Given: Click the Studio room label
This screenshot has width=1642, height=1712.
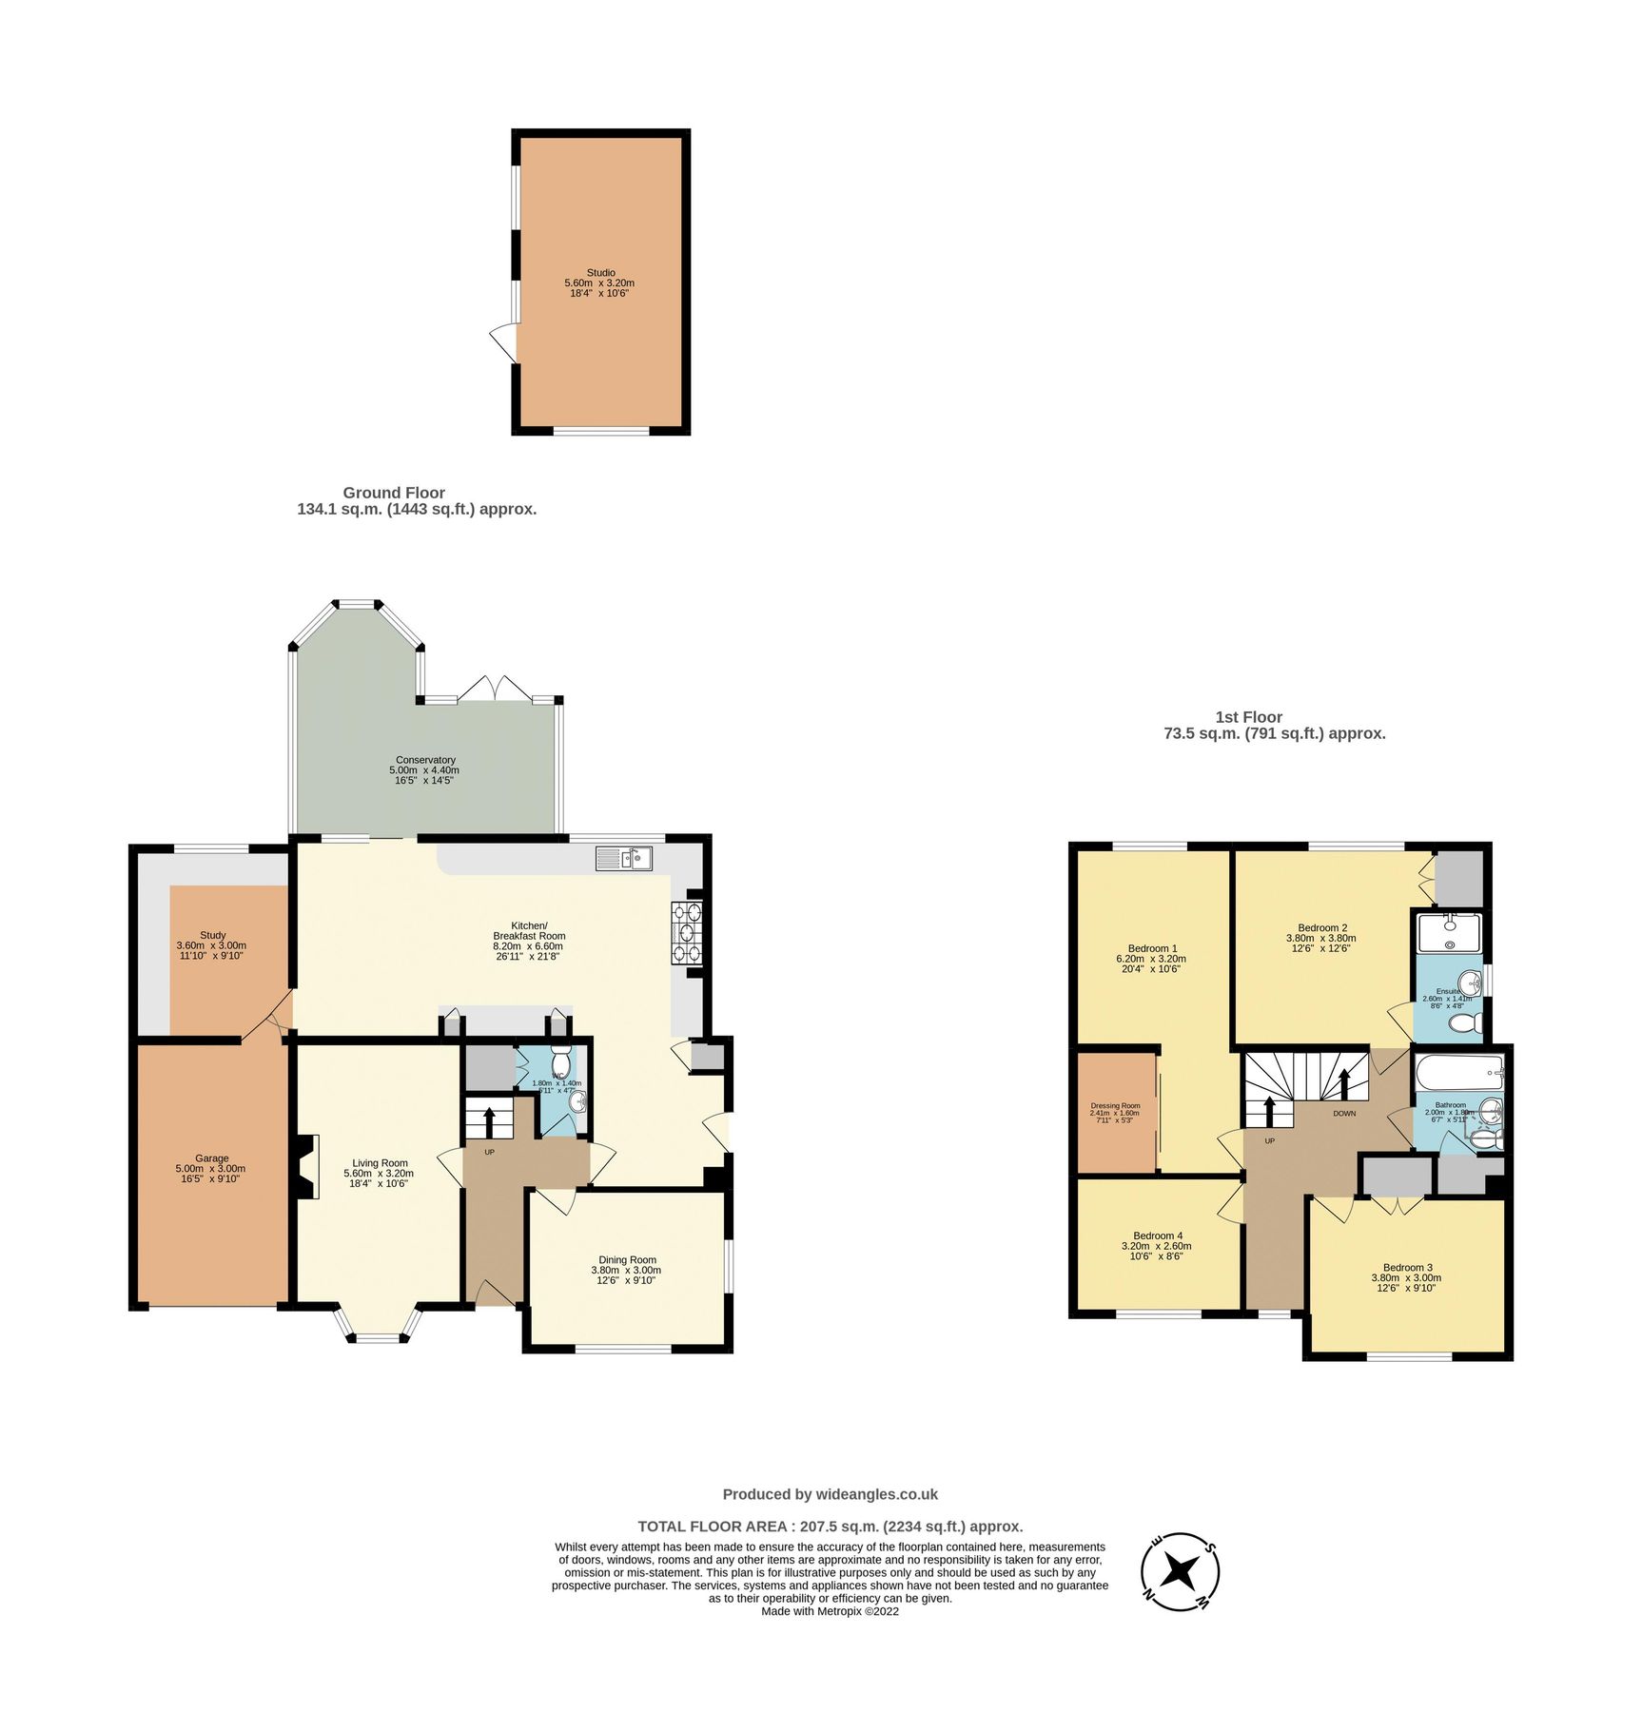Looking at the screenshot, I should pyautogui.click(x=600, y=273).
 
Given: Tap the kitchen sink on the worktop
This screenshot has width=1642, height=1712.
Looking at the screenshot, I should pyautogui.click(x=624, y=859).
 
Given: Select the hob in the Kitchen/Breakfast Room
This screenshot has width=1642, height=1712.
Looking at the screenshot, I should pyautogui.click(x=687, y=933).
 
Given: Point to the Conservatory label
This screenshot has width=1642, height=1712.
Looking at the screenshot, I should pyautogui.click(x=425, y=760).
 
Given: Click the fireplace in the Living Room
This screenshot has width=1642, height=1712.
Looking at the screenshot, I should pyautogui.click(x=307, y=1167).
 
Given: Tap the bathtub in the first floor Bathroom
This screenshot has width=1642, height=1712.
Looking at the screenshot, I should pyautogui.click(x=1458, y=1074).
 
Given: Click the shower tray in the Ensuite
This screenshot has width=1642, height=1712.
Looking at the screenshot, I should pyautogui.click(x=1448, y=933).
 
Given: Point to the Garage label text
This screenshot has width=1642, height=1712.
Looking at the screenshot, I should pyautogui.click(x=211, y=1158).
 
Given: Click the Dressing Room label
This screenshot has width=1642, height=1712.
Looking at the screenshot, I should pyautogui.click(x=1115, y=1106).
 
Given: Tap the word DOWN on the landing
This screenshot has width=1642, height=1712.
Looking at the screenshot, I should pyautogui.click(x=1344, y=1113).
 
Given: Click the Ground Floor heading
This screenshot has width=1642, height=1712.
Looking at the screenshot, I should pyautogui.click(x=394, y=493).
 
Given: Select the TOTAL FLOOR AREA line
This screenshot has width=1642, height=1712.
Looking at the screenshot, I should pyautogui.click(x=830, y=1527).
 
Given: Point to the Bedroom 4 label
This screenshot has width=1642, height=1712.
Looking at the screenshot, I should pyautogui.click(x=1158, y=1235).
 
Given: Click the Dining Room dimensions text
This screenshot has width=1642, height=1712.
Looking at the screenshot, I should pyautogui.click(x=626, y=1275).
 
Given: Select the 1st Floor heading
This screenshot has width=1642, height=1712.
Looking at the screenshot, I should pyautogui.click(x=1248, y=717).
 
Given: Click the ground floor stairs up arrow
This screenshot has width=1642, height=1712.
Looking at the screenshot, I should pyautogui.click(x=489, y=1122).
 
